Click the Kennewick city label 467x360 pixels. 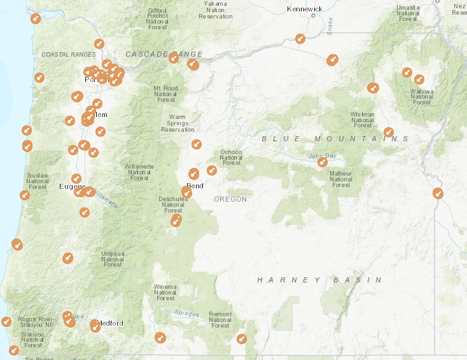(305, 9)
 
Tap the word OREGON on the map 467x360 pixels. (230, 199)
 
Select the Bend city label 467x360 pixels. (195, 186)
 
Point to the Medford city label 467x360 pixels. (111, 323)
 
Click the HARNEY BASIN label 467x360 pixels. (319, 280)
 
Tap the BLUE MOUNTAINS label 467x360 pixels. (335, 139)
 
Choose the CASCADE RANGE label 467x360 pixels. (164, 54)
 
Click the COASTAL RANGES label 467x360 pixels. (68, 55)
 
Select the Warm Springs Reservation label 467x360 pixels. (178, 123)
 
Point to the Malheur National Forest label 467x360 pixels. (341, 179)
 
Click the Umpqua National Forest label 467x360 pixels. (113, 259)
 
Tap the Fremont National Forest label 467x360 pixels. (220, 320)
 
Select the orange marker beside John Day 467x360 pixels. (323, 162)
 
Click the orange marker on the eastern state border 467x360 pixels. (437, 193)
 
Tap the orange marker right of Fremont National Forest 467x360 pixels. (242, 339)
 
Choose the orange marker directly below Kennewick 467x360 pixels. (300, 39)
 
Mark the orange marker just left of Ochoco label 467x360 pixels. (211, 170)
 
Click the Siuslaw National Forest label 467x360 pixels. (38, 181)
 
